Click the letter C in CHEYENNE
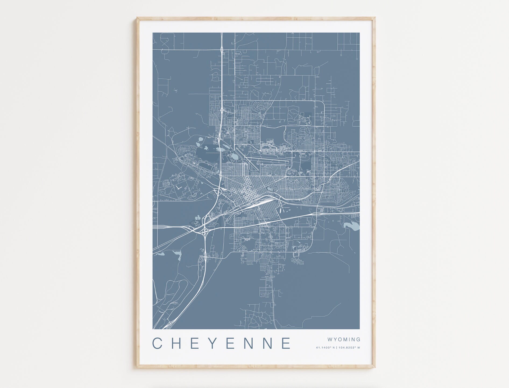click(157, 343)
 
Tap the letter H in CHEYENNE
click(176, 343)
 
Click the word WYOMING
click(344, 340)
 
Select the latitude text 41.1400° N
click(325, 348)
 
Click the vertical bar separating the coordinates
click(337, 348)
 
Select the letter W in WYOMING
click(330, 340)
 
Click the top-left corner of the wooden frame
click(137, 18)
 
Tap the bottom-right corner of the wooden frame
click(375, 366)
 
